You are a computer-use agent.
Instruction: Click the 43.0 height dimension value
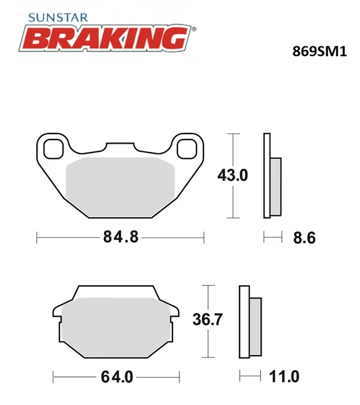232,176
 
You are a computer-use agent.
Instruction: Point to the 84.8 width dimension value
120,237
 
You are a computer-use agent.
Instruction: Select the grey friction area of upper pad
120,181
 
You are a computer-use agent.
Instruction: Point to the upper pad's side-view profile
270,176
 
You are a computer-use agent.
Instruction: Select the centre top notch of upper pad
120,147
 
